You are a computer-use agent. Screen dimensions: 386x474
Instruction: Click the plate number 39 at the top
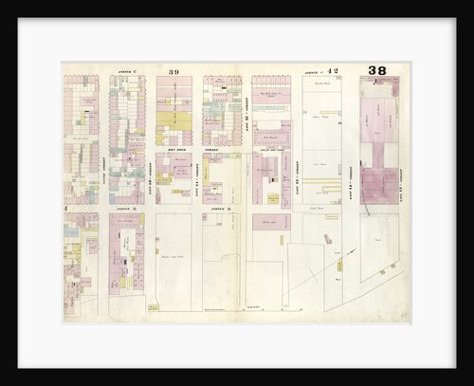[x=174, y=71]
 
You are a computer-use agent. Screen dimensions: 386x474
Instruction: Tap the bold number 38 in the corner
[x=377, y=70]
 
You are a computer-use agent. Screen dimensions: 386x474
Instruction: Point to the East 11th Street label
[x=196, y=175]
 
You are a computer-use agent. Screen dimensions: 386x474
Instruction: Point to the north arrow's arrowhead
[x=358, y=248]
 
